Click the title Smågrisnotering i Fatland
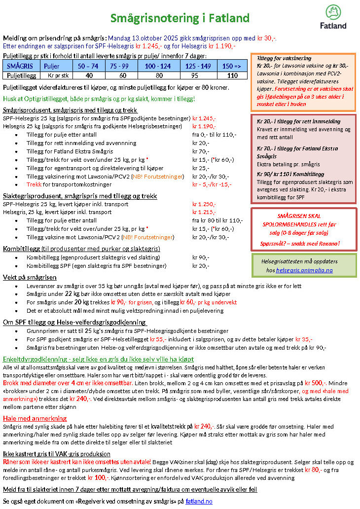(180, 19)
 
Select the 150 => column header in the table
(232, 66)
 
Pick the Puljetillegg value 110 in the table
(232, 75)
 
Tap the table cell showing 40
(89, 75)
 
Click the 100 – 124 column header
(158, 66)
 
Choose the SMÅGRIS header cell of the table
(21, 66)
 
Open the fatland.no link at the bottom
(199, 501)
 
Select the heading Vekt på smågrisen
(30, 278)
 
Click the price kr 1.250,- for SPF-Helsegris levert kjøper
(204, 204)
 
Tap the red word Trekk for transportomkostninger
(34, 184)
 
